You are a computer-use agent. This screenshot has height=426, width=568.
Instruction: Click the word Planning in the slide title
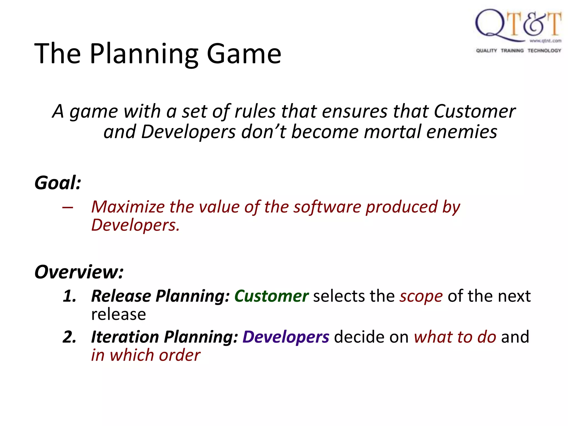144,54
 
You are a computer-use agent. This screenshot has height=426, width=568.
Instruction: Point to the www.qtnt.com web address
545,41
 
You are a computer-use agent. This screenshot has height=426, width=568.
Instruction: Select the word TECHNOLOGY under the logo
544,50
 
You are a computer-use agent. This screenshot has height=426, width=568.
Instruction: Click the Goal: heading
58,183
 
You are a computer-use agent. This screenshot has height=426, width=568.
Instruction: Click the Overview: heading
79,272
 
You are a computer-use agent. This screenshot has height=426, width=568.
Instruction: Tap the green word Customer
271,296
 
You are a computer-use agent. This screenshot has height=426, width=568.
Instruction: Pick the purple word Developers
286,337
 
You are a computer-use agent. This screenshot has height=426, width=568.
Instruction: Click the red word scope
421,296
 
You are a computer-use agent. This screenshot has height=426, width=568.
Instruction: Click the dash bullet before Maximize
68,207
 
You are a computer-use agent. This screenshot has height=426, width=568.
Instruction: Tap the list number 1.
69,296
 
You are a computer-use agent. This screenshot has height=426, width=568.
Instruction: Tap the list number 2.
69,337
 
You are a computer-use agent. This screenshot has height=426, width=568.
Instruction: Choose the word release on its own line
118,315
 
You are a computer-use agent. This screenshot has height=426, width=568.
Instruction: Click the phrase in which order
146,355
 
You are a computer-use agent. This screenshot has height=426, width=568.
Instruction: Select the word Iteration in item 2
125,337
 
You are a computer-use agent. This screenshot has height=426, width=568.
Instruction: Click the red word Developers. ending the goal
135,225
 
